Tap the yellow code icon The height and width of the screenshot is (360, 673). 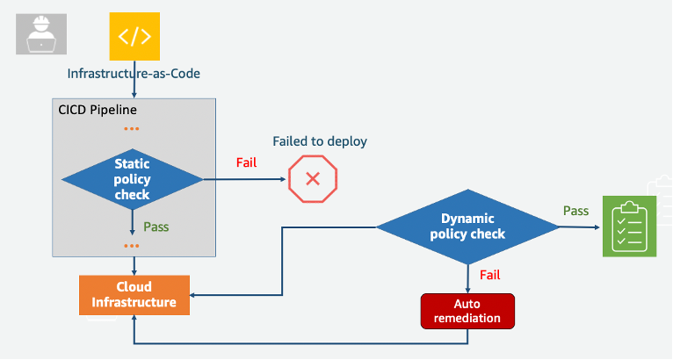134,36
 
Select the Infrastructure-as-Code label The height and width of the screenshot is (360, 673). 134,74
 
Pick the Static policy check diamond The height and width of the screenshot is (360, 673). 133,178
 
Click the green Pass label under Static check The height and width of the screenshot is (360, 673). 156,227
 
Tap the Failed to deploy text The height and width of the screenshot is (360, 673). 320,141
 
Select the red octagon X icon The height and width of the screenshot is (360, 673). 313,179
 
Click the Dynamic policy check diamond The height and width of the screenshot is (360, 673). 467,227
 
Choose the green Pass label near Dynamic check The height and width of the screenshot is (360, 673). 576,211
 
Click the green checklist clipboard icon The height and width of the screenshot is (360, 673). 629,227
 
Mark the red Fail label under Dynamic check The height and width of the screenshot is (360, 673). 490,275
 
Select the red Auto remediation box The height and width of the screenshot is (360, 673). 467,311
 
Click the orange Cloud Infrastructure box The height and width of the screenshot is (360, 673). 134,294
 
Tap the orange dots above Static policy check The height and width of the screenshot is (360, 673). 132,129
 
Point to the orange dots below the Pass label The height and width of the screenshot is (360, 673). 132,245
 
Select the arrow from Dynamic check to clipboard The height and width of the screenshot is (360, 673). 580,227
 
